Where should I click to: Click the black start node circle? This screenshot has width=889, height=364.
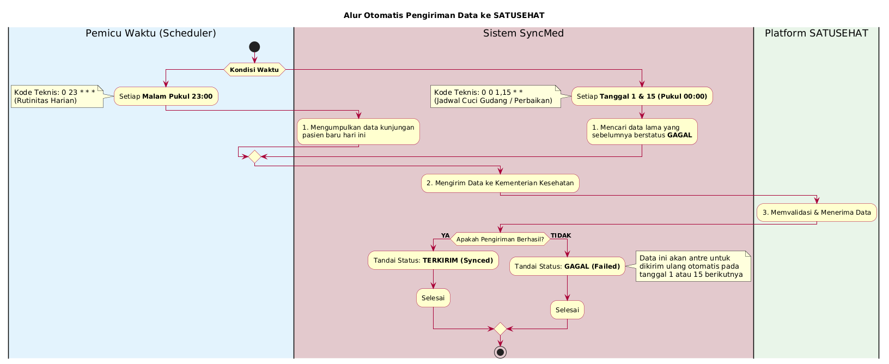(254, 47)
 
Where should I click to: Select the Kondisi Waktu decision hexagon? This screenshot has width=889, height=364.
(254, 70)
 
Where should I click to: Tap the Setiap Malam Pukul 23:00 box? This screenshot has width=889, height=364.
(166, 96)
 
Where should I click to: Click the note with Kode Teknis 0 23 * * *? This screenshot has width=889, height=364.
(57, 96)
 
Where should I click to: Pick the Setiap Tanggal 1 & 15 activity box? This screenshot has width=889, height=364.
(642, 96)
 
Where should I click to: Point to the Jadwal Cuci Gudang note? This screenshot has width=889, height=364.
(495, 96)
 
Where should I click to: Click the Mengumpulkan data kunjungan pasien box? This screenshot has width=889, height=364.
(358, 131)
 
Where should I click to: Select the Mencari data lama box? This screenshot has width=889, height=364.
(642, 131)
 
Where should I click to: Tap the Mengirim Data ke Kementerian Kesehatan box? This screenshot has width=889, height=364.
(500, 183)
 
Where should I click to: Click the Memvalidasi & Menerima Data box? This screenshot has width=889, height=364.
(817, 213)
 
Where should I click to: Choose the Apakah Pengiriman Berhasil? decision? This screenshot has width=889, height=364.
(500, 239)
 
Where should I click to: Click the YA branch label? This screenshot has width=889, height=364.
(445, 235)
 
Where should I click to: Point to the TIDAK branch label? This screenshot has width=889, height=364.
(561, 235)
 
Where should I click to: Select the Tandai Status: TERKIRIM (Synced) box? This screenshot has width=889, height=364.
(433, 260)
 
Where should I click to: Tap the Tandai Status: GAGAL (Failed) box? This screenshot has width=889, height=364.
(567, 266)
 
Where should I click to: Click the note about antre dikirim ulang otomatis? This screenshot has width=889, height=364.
(693, 266)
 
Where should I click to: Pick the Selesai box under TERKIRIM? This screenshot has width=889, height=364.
(433, 298)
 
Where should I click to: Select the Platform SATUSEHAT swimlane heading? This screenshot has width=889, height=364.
(816, 33)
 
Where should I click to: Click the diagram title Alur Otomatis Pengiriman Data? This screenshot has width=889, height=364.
(444, 15)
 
